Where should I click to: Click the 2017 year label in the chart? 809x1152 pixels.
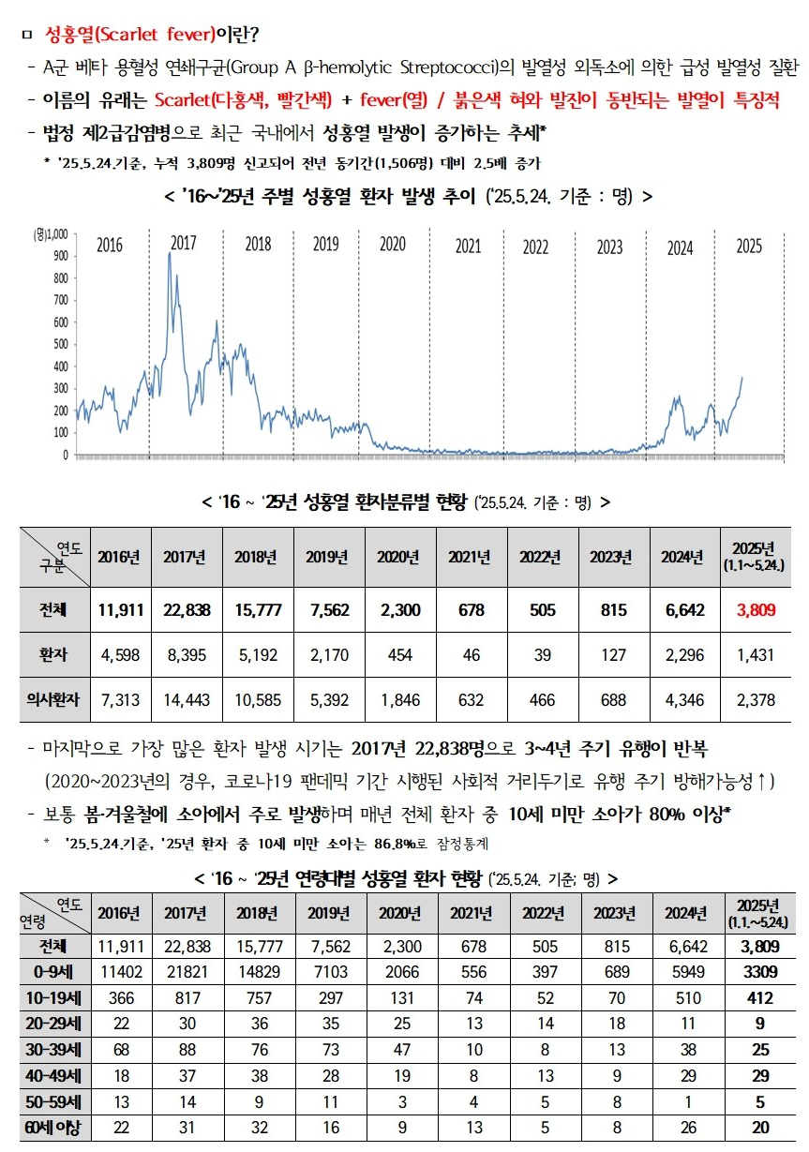point(183,244)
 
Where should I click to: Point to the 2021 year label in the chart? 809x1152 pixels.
point(468,247)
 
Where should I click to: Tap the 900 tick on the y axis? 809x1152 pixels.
point(60,256)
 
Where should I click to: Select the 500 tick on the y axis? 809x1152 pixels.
point(60,344)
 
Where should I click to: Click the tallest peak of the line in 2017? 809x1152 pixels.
point(170,253)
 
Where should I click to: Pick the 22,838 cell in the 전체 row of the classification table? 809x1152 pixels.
point(185,610)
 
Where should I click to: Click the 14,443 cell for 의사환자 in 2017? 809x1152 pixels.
point(185,699)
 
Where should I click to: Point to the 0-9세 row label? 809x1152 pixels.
point(54,969)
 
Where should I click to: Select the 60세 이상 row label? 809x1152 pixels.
point(54,1128)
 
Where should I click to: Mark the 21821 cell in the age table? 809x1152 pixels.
point(186,969)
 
